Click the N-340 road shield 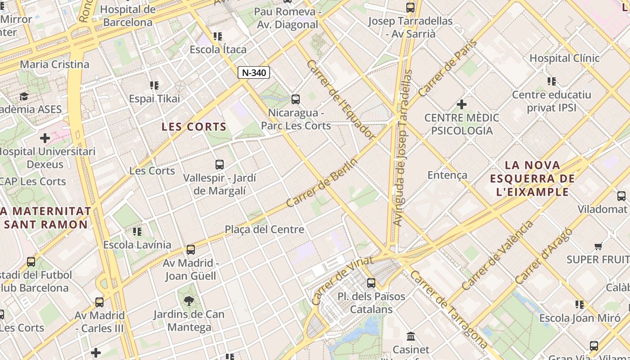254,72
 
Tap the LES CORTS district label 194,127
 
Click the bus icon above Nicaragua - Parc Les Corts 296,99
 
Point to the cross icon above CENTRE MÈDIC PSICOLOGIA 461,104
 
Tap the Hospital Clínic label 564,58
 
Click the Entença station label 447,175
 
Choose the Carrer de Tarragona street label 449,310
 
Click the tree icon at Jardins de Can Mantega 189,301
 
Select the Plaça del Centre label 265,229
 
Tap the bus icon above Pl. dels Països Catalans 371,283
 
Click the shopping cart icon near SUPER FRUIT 598,246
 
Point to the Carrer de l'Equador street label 341,99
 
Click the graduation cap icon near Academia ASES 24,96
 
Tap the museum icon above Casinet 411,336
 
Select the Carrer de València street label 497,255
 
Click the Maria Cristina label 54,64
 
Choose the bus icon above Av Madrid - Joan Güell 191,249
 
